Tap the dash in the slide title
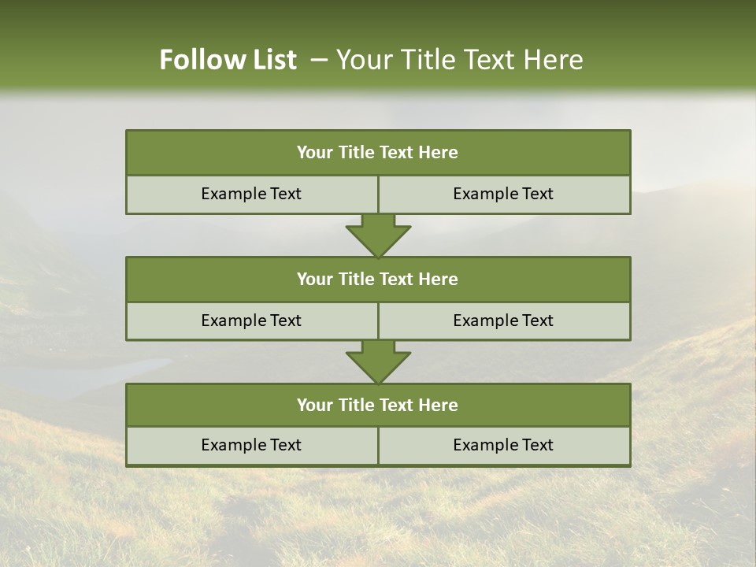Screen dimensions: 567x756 coord(319,60)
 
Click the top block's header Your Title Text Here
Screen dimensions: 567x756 coord(377,153)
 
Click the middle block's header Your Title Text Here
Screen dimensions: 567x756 coord(377,279)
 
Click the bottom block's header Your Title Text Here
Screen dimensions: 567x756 coord(377,405)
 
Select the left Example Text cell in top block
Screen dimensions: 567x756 coord(251,195)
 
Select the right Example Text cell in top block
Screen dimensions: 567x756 coord(503,195)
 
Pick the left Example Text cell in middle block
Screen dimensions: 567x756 coord(251,321)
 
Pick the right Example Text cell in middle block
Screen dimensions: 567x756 coord(503,321)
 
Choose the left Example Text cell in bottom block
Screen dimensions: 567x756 coord(251,445)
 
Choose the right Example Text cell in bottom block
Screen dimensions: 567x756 coord(503,445)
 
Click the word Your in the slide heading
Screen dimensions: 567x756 coord(363,60)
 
